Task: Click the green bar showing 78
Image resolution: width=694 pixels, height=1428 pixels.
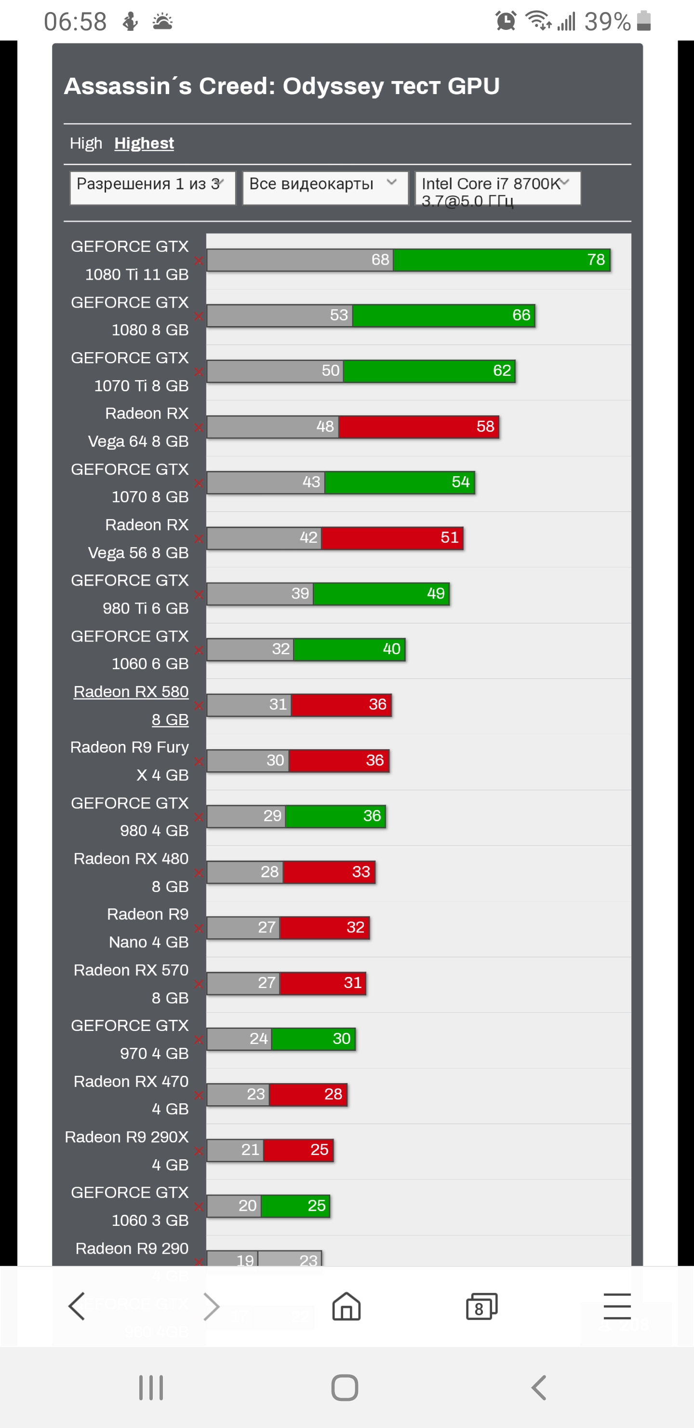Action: tap(501, 260)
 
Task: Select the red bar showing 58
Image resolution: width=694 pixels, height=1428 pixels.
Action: tap(418, 427)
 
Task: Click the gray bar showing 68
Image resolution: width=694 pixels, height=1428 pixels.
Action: tap(299, 260)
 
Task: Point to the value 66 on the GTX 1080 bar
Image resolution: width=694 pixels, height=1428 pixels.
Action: tap(521, 316)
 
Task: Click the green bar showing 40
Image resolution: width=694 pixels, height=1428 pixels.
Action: tap(349, 649)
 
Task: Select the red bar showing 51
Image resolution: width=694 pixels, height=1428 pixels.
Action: tap(392, 538)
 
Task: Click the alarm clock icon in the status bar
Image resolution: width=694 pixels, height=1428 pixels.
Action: tap(506, 22)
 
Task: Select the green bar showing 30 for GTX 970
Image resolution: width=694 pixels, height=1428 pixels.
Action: tap(313, 1039)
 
